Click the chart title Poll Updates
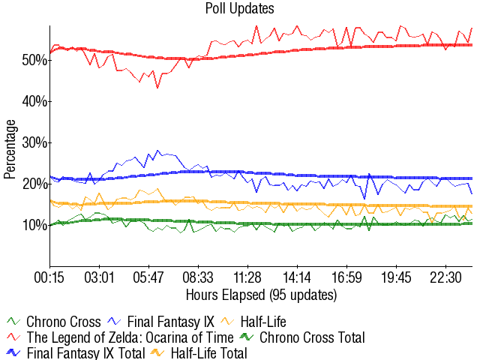click(239, 9)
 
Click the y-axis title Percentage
click(10, 148)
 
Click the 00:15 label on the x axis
click(49, 277)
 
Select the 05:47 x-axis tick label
click(148, 277)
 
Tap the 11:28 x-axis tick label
click(247, 277)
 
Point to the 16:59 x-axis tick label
click(346, 277)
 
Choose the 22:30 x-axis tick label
click(445, 277)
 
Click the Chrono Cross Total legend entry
click(311, 337)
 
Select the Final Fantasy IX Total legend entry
click(75, 352)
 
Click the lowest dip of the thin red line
click(157, 88)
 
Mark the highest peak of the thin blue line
click(157, 150)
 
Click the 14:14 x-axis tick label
click(297, 277)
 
